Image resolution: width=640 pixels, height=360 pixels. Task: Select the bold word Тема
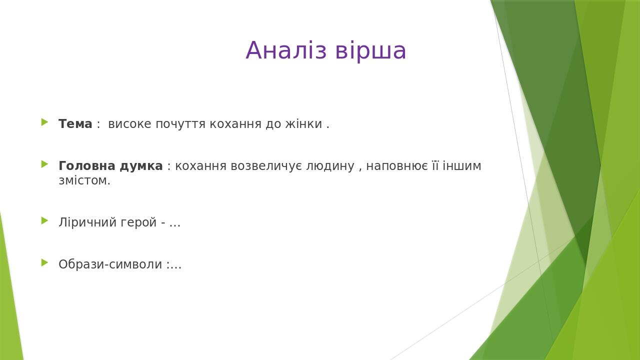click(75, 124)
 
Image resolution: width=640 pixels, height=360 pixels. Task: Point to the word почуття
click(180, 124)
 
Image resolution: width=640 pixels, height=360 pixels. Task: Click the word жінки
click(303, 124)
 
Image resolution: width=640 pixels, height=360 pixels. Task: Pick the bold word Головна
click(87, 166)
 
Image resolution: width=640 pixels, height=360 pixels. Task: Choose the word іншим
click(462, 166)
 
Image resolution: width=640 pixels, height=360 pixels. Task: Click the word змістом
click(84, 180)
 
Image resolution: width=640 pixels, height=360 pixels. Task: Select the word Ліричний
click(87, 222)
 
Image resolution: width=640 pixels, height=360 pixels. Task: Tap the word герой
click(138, 223)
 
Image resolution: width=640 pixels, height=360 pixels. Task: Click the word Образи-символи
click(110, 264)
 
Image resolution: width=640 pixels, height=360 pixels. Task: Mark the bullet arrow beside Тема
click(44, 122)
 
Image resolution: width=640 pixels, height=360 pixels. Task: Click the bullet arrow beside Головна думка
click(44, 164)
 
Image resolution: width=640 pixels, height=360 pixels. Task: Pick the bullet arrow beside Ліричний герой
click(44, 220)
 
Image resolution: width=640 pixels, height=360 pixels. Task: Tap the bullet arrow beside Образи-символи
click(44, 262)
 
